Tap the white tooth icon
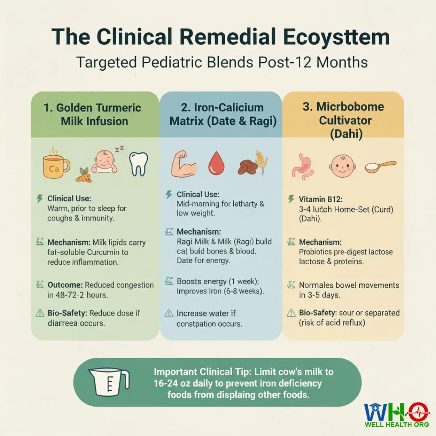[x=138, y=164]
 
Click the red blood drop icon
[x=216, y=163]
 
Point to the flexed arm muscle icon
[x=183, y=164]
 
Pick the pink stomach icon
[x=302, y=166]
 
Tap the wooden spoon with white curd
[x=380, y=167]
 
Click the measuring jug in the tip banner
[x=109, y=382]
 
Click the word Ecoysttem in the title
[x=336, y=37]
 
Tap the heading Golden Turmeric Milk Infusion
[x=92, y=114]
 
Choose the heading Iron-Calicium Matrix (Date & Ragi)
[x=223, y=114]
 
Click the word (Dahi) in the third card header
[x=346, y=134]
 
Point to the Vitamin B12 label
[x=321, y=199]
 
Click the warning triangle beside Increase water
[x=169, y=313]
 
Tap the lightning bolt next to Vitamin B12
[x=291, y=199]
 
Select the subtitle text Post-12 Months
[x=313, y=62]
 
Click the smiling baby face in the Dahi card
[x=342, y=166]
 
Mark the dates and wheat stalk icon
[x=252, y=163]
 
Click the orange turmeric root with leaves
[x=84, y=176]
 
